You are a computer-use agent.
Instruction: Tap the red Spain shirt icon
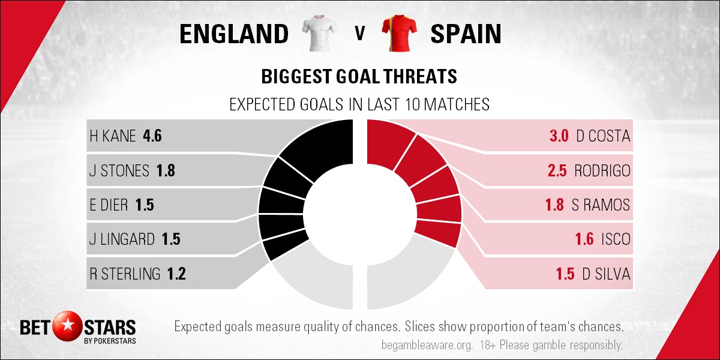[400, 33]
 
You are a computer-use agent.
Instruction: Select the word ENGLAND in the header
[234, 34]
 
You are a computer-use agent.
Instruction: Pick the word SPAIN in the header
[466, 34]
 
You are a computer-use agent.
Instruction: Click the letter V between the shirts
[359, 34]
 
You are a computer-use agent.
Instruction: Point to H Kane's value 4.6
[152, 136]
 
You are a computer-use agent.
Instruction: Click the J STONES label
[119, 170]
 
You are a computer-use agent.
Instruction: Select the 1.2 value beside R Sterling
[176, 274]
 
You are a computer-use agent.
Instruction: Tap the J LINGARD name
[122, 239]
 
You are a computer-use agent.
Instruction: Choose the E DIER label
[109, 205]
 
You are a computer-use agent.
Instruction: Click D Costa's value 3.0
[559, 136]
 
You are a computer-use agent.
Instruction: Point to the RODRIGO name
[602, 170]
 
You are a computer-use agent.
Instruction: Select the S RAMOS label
[601, 205]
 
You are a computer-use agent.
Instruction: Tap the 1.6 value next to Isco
[584, 239]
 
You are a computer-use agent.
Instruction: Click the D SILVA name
[606, 274]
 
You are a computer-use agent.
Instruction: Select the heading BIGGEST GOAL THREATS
[359, 77]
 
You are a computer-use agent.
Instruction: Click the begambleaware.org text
[427, 345]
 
